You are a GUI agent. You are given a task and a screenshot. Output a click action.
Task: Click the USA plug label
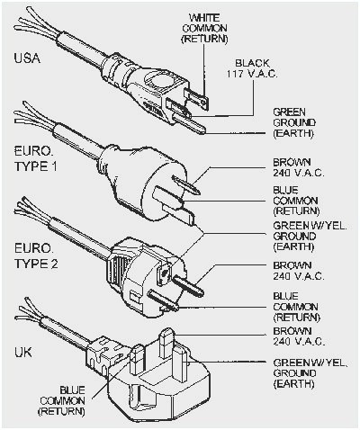pos(27,58)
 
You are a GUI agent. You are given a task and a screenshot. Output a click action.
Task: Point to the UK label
pos(23,353)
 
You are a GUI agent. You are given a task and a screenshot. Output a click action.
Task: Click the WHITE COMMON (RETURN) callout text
pos(204,29)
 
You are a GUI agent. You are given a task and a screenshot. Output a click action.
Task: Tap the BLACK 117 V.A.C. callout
pos(252,68)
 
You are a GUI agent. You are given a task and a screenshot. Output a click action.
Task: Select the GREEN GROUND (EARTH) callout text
pos(294,122)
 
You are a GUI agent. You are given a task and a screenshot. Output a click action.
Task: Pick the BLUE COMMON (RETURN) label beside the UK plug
pos(62,400)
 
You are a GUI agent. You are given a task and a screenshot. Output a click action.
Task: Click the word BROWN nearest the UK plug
pos(292,331)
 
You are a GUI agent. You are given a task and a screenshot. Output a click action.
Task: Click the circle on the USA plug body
pos(159,79)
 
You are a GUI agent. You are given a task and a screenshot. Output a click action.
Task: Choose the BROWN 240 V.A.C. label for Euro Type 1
pos(299,167)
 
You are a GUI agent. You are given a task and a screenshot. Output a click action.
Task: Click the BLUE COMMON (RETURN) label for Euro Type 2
pos(296,307)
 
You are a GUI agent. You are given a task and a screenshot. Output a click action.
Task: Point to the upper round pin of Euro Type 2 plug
pos(188,285)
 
